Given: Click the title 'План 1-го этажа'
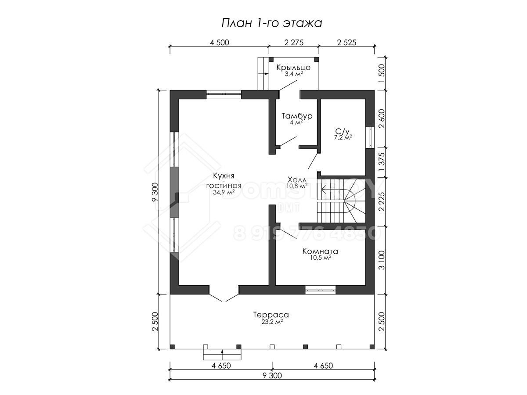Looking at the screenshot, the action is (x=271, y=23).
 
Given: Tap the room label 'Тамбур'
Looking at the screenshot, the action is (x=297, y=116).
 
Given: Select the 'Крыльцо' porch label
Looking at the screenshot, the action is (x=293, y=68).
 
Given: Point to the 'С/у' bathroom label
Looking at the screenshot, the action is (x=342, y=131).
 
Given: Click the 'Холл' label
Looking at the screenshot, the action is (x=297, y=180).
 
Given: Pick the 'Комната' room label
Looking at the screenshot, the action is (x=320, y=251).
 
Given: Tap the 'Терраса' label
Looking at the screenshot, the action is (x=271, y=315).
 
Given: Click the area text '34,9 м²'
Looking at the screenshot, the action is (x=224, y=192).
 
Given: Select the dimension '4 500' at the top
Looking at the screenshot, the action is (x=220, y=43).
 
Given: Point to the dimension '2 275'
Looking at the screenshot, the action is (x=294, y=43).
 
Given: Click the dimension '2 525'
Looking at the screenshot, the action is (x=347, y=43).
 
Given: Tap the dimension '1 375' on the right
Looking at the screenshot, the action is (x=381, y=162).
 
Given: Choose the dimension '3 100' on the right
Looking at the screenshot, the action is (x=381, y=260).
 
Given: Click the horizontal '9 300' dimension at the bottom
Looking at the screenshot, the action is (x=272, y=375).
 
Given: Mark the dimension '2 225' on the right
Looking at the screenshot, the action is (x=381, y=202).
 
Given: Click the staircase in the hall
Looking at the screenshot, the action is (x=341, y=202).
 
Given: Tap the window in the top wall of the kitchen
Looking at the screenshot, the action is (x=224, y=94).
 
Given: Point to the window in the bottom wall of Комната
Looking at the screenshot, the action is (x=320, y=290).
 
